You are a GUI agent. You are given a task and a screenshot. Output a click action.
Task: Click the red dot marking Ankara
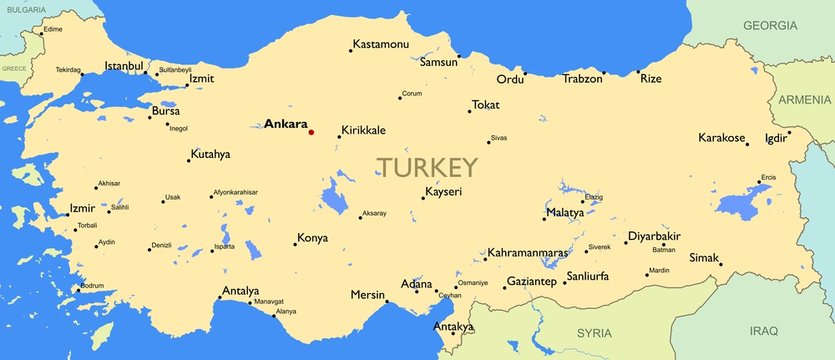coord(311,132)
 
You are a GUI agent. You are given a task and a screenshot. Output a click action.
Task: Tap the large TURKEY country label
coord(427,167)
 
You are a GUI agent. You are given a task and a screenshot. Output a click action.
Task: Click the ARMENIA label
coord(805,99)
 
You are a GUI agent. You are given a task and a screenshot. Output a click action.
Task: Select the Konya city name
coord(312,239)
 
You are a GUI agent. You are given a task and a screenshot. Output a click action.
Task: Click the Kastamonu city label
coord(381,45)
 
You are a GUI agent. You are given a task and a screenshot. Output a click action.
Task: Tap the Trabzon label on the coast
coord(582,78)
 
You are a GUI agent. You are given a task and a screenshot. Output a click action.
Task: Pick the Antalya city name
coord(239,291)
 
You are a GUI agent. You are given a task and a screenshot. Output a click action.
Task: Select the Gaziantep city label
coord(531,282)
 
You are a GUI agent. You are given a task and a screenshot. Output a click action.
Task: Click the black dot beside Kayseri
coord(422,198)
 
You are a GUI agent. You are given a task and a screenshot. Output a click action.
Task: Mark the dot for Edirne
coord(41,33)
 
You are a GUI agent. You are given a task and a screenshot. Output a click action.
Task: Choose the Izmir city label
coord(81,208)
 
